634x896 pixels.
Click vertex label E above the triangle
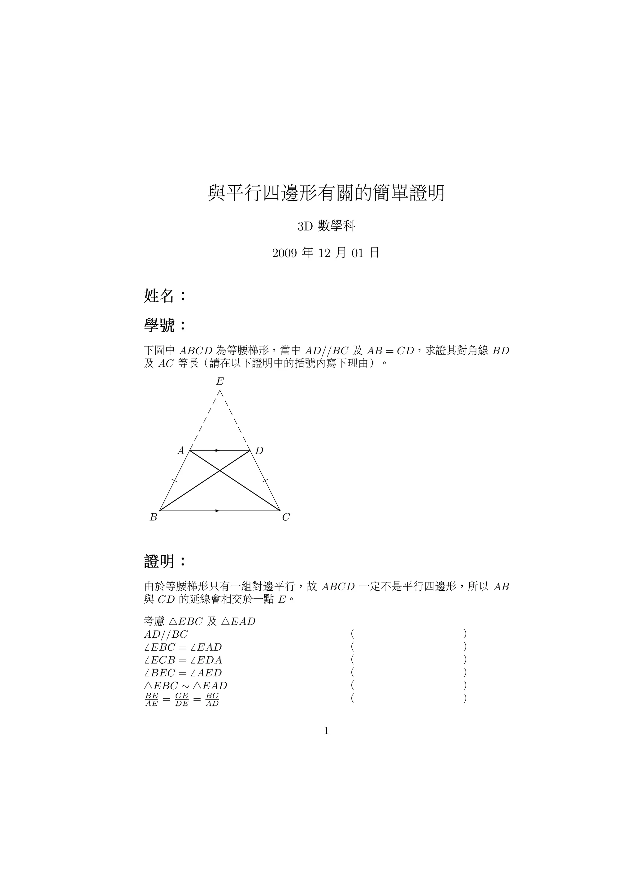click(220, 381)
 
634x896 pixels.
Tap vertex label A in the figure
click(181, 451)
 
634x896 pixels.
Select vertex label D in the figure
click(259, 451)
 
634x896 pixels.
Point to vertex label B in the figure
click(154, 518)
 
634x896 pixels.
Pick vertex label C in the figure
click(286, 518)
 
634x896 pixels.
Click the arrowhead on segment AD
click(217, 451)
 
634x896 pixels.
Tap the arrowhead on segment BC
click(217, 511)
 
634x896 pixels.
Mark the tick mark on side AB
click(175, 481)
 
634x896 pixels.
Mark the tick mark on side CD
click(265, 481)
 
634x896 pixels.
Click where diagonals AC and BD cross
click(220, 471)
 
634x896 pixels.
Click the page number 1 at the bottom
click(326, 731)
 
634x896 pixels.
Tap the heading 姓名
click(159, 296)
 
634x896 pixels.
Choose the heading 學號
click(159, 325)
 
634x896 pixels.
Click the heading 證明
click(159, 562)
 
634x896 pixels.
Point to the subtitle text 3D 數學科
click(326, 226)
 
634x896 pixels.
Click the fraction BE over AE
click(151, 700)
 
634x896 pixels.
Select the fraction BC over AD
click(212, 700)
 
